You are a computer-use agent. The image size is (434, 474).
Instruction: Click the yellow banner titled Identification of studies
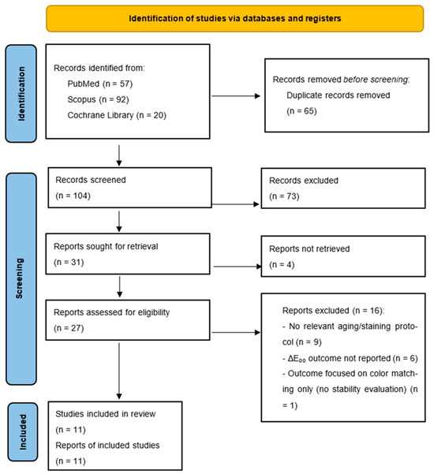pyautogui.click(x=234, y=18)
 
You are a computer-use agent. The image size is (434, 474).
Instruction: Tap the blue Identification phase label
pyautogui.click(x=21, y=94)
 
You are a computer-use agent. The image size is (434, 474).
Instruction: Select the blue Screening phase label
pyautogui.click(x=21, y=278)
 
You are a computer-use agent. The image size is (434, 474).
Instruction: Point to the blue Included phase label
pyautogui.click(x=23, y=432)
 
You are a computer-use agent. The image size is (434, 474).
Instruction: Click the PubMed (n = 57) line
pyautogui.click(x=99, y=84)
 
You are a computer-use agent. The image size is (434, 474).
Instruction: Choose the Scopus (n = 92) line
pyautogui.click(x=98, y=99)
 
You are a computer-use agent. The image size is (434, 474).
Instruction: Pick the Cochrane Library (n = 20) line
pyautogui.click(x=117, y=115)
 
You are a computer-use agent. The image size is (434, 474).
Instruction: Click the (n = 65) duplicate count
pyautogui.click(x=301, y=111)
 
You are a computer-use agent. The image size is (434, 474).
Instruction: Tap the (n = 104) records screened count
pyautogui.click(x=73, y=196)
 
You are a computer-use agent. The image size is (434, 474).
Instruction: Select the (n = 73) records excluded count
pyautogui.click(x=284, y=196)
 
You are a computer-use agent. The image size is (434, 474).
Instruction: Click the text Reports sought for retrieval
pyautogui.click(x=106, y=246)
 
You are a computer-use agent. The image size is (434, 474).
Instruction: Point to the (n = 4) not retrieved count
pyautogui.click(x=282, y=264)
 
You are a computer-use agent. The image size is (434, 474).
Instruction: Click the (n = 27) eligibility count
pyautogui.click(x=69, y=328)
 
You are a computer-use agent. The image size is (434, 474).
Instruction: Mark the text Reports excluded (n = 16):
pyautogui.click(x=333, y=311)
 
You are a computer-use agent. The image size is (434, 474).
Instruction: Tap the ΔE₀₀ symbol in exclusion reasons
pyautogui.click(x=297, y=359)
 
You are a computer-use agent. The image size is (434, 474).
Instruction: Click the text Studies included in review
pyautogui.click(x=106, y=414)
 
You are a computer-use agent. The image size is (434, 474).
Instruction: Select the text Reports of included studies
pyautogui.click(x=107, y=446)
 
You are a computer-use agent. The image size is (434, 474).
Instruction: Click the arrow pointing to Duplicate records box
pyautogui.click(x=236, y=96)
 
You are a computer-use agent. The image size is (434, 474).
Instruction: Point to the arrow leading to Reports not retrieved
pyautogui.click(x=238, y=267)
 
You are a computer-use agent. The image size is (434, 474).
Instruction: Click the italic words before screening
pyautogui.click(x=376, y=80)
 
